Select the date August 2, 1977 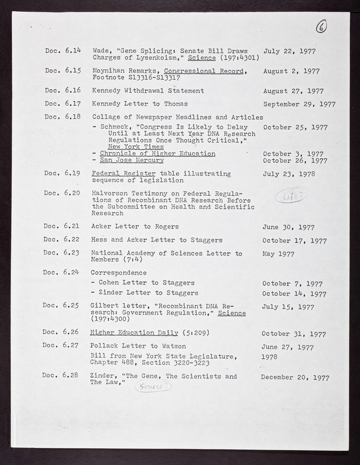(291, 71)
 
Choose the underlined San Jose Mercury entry (130, 160)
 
